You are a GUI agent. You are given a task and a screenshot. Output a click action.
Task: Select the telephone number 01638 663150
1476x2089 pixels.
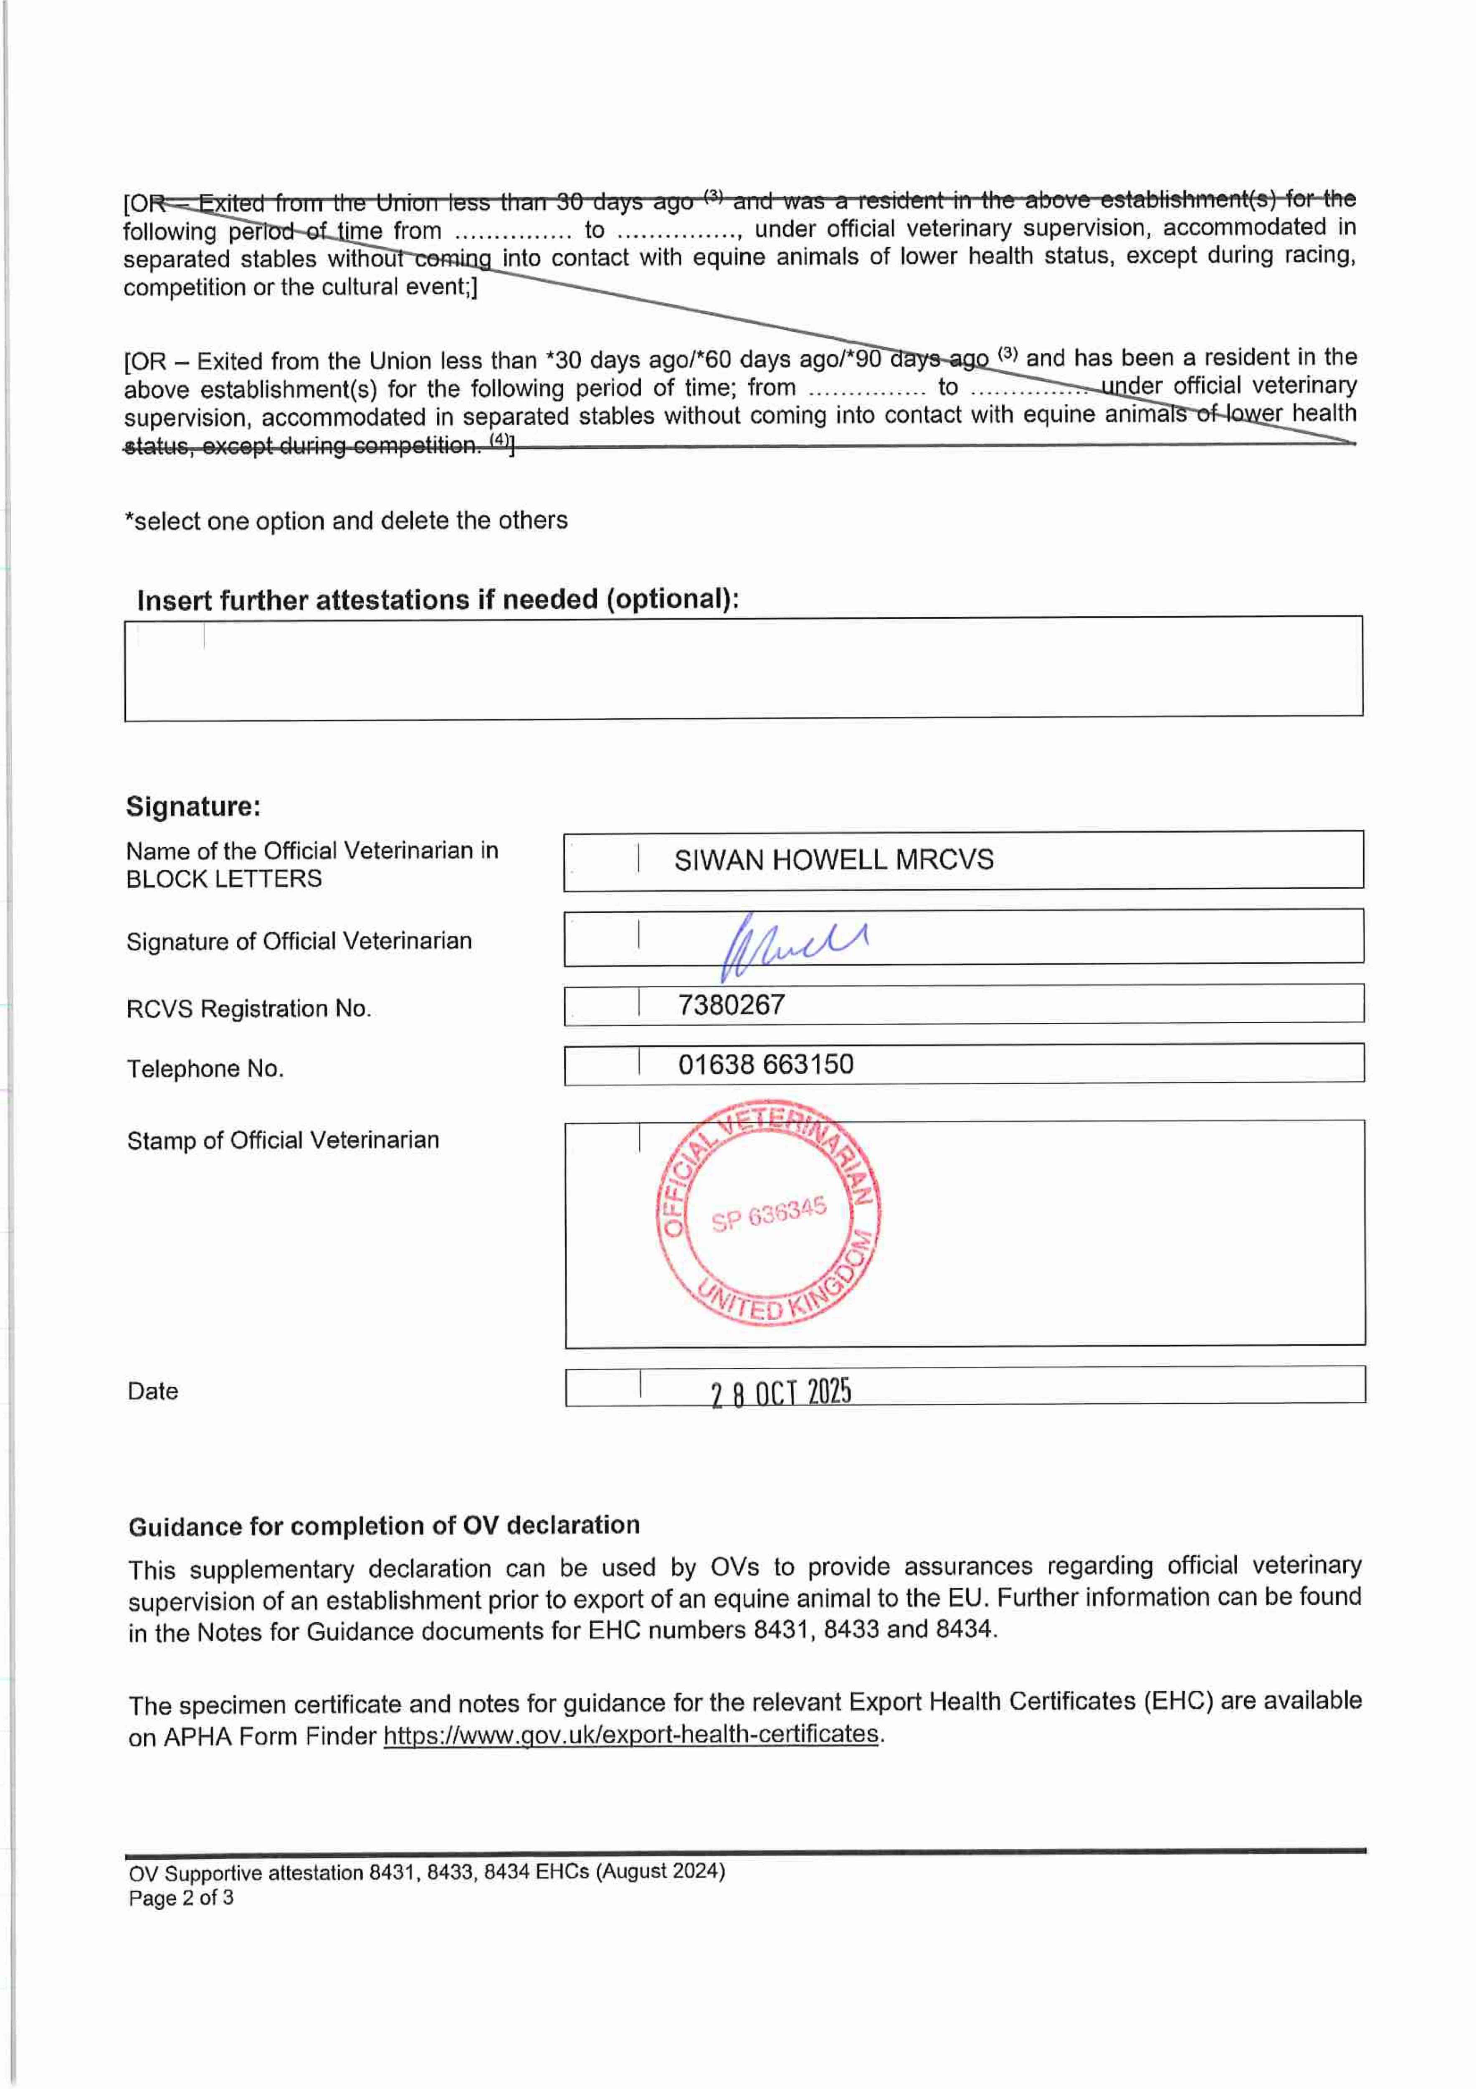click(x=765, y=1065)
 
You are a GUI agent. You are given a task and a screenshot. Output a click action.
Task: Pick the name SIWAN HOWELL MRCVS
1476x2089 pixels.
click(x=833, y=860)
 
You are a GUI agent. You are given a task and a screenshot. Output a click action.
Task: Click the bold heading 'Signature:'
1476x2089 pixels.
click(x=193, y=806)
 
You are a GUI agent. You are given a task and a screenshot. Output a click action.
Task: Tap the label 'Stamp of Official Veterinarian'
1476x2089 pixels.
click(x=283, y=1140)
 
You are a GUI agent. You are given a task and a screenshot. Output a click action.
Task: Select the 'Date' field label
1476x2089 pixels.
click(x=153, y=1391)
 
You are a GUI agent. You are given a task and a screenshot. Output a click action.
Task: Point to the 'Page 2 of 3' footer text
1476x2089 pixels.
click(x=181, y=1898)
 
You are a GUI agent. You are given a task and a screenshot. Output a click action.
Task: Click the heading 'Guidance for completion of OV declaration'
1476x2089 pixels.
click(x=384, y=1526)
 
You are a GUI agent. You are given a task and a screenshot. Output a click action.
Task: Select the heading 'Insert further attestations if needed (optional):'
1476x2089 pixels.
click(x=438, y=600)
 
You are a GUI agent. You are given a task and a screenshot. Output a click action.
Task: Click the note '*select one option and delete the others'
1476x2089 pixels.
click(x=346, y=521)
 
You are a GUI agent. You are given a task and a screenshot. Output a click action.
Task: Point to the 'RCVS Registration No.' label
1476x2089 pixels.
click(x=248, y=1008)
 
